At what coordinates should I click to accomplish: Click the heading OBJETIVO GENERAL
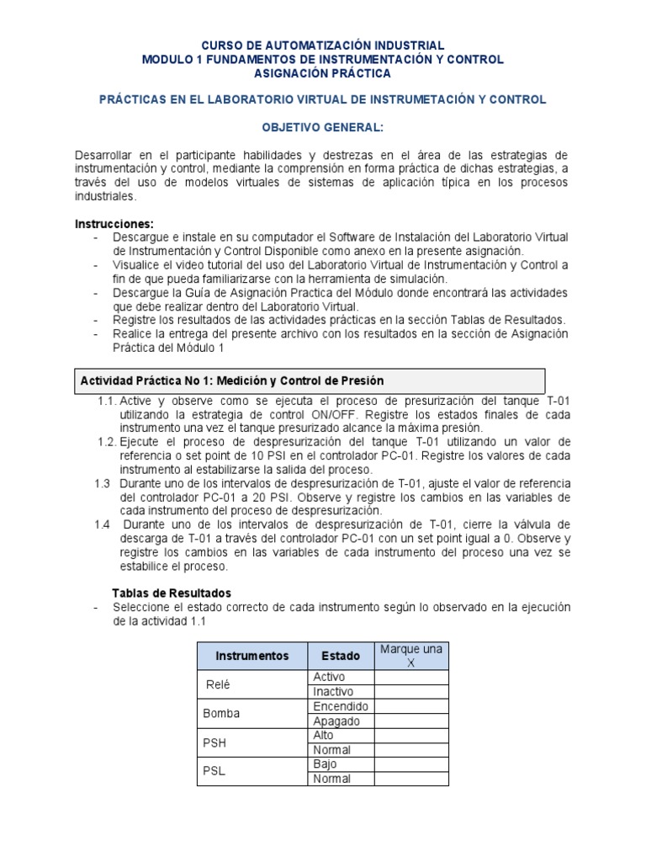(x=324, y=126)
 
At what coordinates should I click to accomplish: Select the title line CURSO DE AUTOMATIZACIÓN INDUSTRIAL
(x=324, y=45)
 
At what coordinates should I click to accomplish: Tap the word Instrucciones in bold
(x=114, y=223)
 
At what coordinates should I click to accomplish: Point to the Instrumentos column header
(x=252, y=656)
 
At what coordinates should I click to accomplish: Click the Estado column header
(x=340, y=656)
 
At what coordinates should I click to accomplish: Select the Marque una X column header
(x=410, y=656)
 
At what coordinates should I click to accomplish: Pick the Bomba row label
(x=221, y=713)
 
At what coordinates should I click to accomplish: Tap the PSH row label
(x=215, y=742)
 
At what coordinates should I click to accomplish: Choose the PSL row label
(x=214, y=771)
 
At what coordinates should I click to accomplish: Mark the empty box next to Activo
(x=410, y=677)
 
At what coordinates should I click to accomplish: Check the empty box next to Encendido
(x=410, y=706)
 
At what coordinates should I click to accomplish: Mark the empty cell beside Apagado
(x=410, y=721)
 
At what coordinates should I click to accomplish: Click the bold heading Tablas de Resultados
(x=172, y=593)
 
